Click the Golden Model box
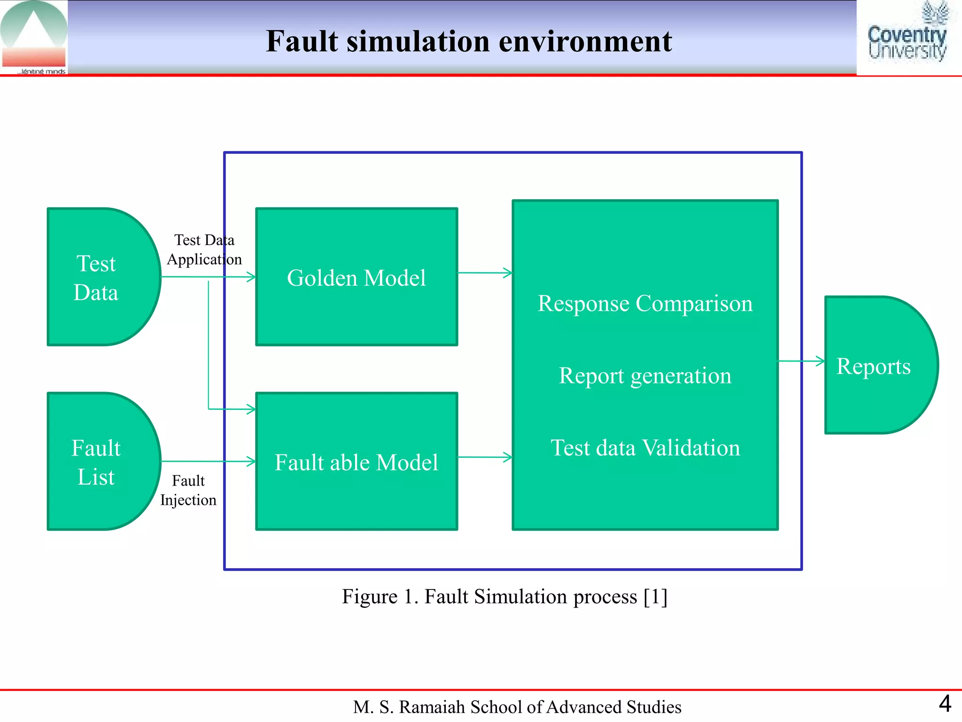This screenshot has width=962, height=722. (357, 277)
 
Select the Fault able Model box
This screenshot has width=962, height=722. (357, 462)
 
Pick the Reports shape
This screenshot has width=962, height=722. (874, 366)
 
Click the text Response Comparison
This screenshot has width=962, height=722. (645, 303)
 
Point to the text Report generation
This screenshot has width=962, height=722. (645, 376)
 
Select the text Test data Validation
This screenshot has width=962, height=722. (645, 447)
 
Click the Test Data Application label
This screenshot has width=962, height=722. (204, 250)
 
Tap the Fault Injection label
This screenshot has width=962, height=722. (188, 490)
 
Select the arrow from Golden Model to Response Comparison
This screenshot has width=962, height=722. (485, 273)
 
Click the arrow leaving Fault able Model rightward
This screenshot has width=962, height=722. (485, 457)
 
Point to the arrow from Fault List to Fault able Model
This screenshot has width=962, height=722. (209, 462)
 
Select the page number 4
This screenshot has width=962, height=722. (945, 704)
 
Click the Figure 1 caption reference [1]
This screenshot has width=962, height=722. (655, 596)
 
